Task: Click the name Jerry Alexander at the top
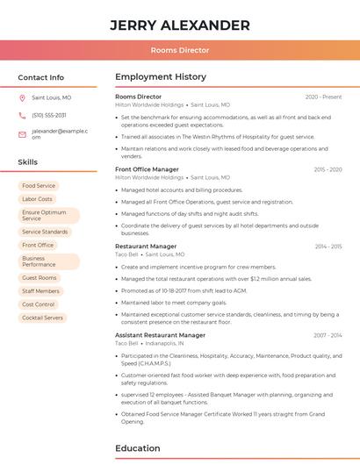[x=180, y=25]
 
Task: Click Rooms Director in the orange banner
[x=180, y=50]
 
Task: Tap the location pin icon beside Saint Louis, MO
[x=22, y=98]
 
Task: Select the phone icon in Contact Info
[x=22, y=116]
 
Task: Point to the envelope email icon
[x=22, y=134]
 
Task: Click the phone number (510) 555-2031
[x=49, y=116]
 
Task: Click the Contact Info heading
[x=41, y=77]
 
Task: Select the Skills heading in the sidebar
[x=28, y=162]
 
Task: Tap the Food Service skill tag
[x=39, y=186]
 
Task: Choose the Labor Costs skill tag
[x=37, y=199]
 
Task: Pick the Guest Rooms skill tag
[x=40, y=278]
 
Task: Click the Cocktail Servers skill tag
[x=43, y=318]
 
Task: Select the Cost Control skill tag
[x=39, y=304]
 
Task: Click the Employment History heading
[x=161, y=77]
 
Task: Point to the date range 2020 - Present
[x=323, y=97]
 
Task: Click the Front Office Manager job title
[x=147, y=169]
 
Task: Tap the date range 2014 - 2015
[x=328, y=247]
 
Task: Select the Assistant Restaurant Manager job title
[x=160, y=335]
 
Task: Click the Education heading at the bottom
[x=138, y=448]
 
